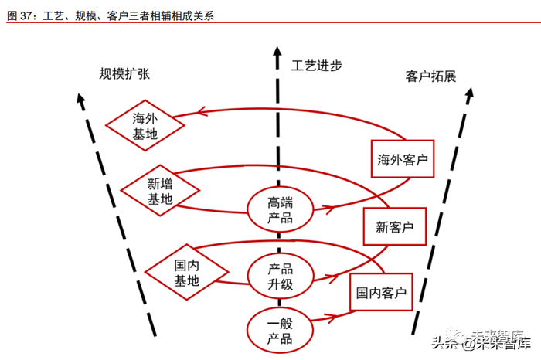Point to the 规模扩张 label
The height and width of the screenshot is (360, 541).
click(x=124, y=74)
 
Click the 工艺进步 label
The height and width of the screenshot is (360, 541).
click(x=316, y=65)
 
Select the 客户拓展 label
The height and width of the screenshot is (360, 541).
click(x=430, y=76)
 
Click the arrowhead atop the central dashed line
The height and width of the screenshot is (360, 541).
click(x=277, y=52)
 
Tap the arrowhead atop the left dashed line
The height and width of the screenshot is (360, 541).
click(x=80, y=98)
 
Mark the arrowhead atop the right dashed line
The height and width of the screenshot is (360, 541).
click(x=470, y=93)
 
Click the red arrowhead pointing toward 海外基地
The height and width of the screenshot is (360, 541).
click(x=202, y=111)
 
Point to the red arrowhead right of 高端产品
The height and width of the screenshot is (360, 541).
click(x=330, y=209)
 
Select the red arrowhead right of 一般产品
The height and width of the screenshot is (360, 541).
click(x=332, y=318)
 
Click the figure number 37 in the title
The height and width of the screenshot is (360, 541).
click(x=26, y=15)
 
